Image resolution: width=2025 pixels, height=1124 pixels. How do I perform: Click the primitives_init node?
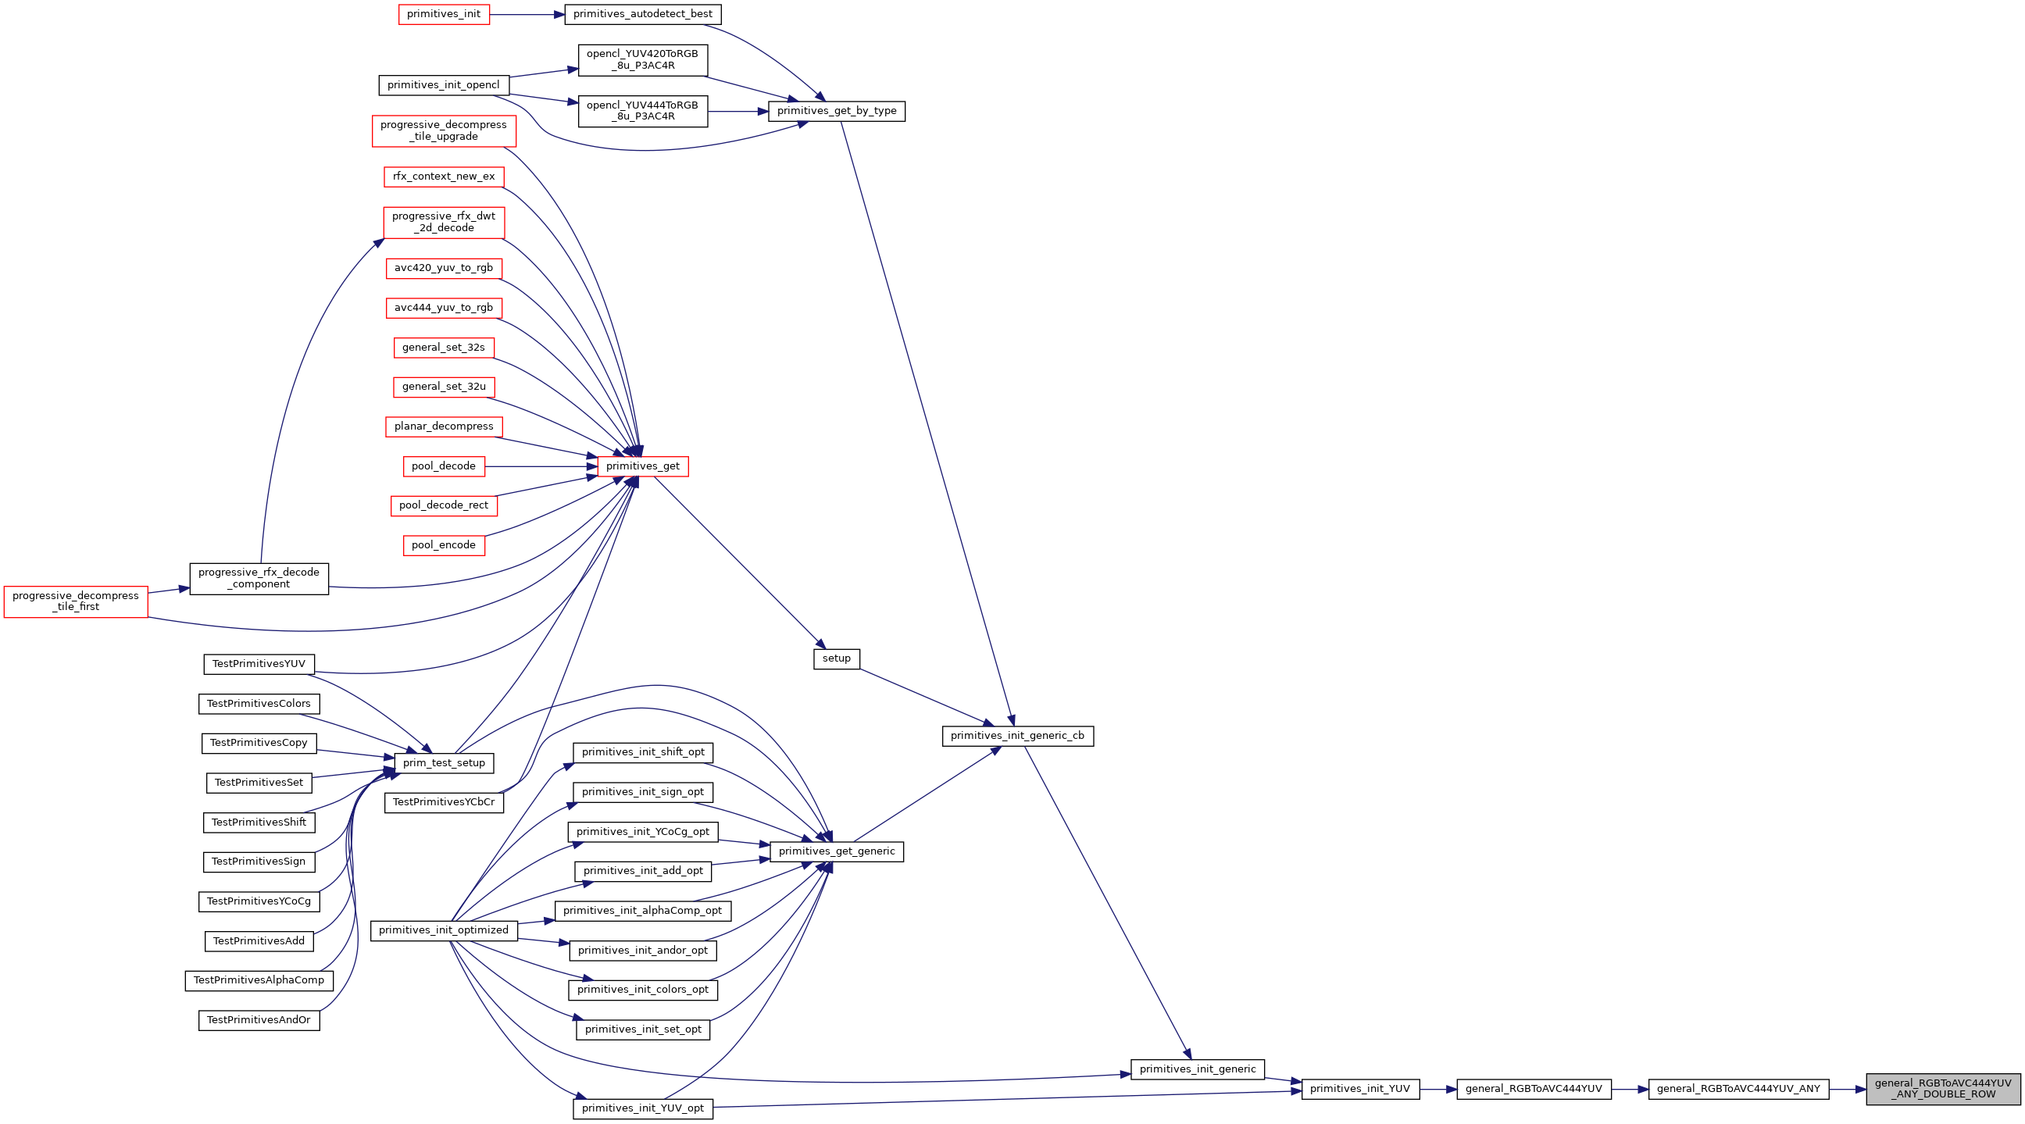point(444,14)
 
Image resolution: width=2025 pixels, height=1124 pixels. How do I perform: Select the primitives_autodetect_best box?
point(642,14)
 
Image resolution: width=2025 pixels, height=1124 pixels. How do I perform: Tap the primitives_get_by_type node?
point(837,111)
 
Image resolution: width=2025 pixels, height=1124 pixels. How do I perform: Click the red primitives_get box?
point(642,466)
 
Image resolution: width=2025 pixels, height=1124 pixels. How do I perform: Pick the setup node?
point(837,658)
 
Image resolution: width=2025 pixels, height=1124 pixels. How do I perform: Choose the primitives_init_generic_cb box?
point(1017,736)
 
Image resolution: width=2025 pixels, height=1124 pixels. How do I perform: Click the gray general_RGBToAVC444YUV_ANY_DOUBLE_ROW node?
point(1942,1089)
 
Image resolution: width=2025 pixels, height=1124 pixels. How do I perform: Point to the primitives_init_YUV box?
point(1360,1089)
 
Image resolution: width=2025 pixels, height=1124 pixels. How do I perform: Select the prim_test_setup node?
point(444,762)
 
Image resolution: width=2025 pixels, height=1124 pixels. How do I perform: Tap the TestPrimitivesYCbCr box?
point(444,801)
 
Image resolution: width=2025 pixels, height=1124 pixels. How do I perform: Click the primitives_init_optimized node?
point(444,930)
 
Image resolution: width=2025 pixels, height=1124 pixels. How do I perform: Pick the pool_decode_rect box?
point(444,505)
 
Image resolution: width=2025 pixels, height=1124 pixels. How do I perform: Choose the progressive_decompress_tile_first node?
point(76,601)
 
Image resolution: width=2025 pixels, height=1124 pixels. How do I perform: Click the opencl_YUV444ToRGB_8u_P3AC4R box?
point(642,111)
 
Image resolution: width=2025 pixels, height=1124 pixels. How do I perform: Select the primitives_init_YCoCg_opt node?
point(642,832)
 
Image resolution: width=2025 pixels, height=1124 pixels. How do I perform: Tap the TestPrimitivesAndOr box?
point(259,1020)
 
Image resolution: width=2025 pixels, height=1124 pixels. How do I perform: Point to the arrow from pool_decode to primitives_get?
point(541,466)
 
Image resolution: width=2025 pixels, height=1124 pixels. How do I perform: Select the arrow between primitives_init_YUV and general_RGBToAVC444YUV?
point(1437,1089)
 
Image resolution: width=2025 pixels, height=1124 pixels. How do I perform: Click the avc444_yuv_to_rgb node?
point(444,308)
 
